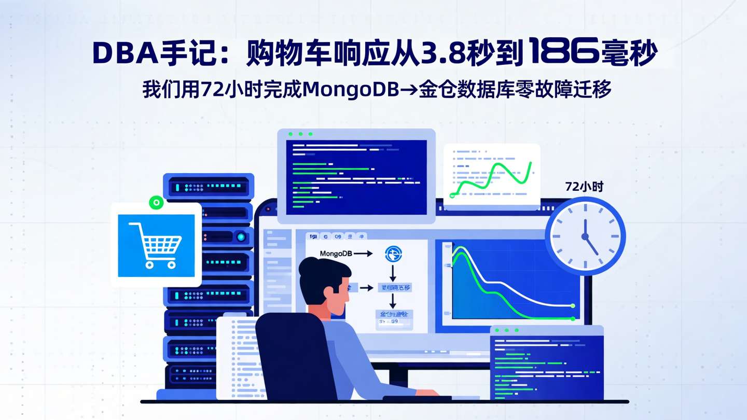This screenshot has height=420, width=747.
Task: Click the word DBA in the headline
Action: (125, 53)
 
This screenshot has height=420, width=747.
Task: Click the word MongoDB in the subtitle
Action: (350, 90)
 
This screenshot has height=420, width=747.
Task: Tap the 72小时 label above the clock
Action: (585, 187)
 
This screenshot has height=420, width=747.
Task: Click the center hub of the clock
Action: (585, 236)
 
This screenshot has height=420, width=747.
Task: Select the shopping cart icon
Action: (156, 245)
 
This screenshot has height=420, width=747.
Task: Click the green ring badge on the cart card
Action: (156, 203)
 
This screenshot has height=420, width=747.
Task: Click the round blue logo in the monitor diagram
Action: (393, 254)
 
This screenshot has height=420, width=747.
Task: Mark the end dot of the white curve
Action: (573, 306)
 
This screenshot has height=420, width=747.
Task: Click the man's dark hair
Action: (322, 272)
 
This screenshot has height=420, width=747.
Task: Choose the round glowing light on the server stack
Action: (240, 237)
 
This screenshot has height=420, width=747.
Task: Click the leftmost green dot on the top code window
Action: (290, 134)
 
